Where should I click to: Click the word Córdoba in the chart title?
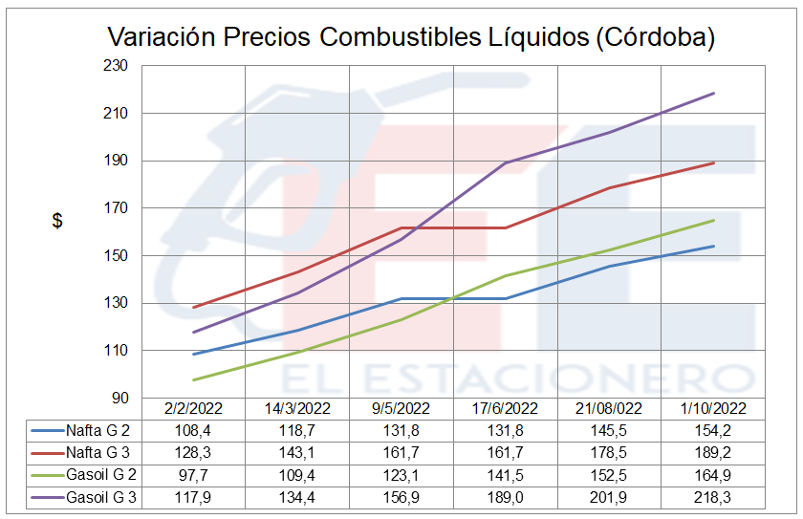click(652, 37)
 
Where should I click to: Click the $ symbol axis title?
click(57, 221)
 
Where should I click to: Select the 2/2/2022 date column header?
click(194, 408)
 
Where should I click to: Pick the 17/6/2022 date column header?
click(506, 408)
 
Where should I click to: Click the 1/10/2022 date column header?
click(713, 408)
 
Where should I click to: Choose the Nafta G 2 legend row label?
click(97, 429)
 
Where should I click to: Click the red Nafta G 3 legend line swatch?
click(46, 452)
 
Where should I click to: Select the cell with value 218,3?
click(713, 498)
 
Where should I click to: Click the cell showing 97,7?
click(194, 475)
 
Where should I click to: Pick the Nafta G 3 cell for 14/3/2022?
click(298, 452)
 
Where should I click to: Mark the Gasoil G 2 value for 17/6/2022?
click(506, 475)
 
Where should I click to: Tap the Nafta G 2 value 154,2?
click(713, 429)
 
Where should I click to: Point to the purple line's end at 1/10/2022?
click(713, 94)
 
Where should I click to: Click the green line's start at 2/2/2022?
click(194, 379)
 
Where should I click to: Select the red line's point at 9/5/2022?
click(401, 227)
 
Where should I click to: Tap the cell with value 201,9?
click(610, 498)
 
